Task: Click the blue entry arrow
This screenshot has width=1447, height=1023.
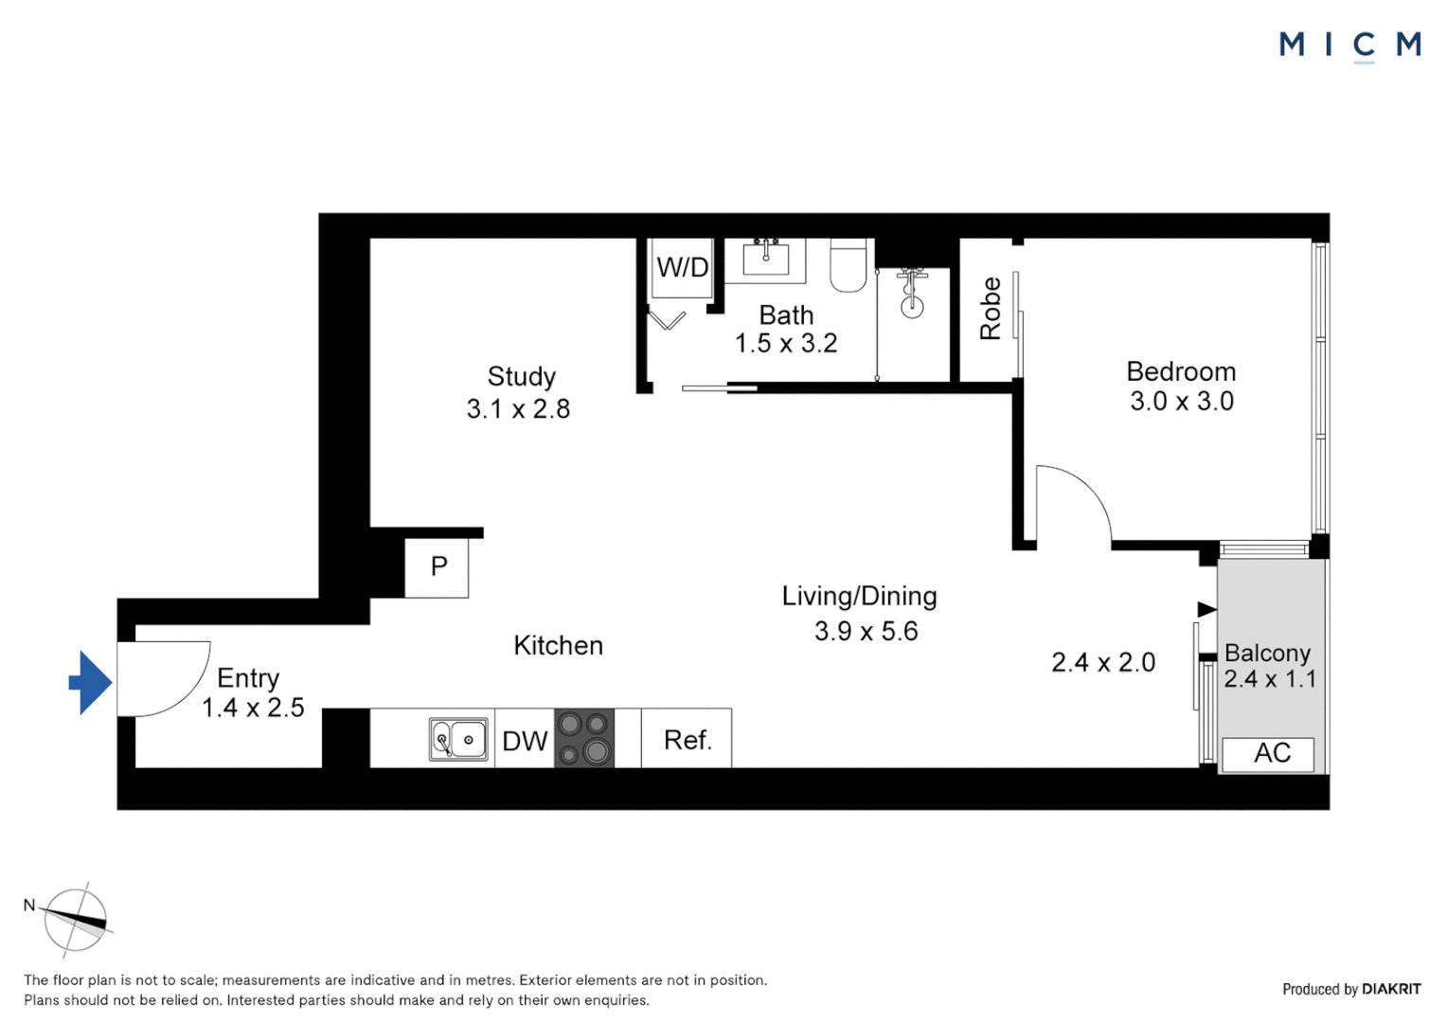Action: [x=91, y=682]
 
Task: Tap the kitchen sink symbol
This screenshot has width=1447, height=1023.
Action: [x=458, y=739]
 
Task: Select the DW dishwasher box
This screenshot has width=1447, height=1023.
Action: [x=525, y=740]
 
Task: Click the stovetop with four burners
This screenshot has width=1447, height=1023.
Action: [x=583, y=738]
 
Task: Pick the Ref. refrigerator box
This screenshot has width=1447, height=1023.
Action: [x=687, y=739]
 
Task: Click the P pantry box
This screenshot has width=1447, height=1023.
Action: [x=438, y=567]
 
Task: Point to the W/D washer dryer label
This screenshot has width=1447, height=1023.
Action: [x=682, y=268]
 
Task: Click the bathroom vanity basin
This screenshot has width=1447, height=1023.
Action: [x=765, y=258]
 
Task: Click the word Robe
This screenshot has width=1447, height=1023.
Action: [x=990, y=309]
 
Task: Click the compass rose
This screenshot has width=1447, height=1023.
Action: [x=76, y=919]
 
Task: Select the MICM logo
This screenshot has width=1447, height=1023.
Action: [x=1349, y=45]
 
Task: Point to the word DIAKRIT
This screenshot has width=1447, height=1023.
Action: [x=1390, y=989]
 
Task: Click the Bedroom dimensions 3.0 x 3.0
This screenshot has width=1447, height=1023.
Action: [x=1181, y=402]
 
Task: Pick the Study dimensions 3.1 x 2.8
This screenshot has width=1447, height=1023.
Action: [x=518, y=409]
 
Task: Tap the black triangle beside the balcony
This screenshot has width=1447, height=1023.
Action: [x=1206, y=608]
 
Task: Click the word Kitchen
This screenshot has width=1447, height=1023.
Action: [x=558, y=646]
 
